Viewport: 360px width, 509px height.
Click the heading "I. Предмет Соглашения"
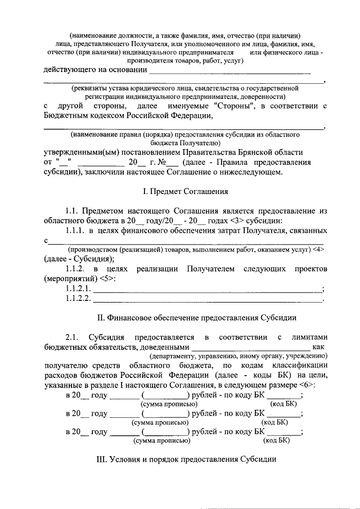pyautogui.click(x=185, y=192)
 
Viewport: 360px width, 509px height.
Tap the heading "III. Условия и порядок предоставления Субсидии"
pyautogui.click(x=187, y=460)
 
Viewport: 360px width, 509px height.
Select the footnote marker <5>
pyautogui.click(x=106, y=279)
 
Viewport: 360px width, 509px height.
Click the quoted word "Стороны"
pyautogui.click(x=232, y=106)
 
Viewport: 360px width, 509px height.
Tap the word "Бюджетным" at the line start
pyautogui.click(x=67, y=116)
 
